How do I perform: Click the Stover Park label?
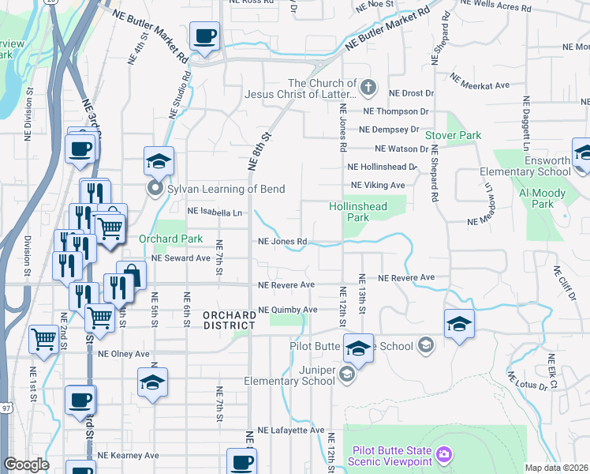click(454, 135)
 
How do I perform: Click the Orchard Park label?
click(171, 239)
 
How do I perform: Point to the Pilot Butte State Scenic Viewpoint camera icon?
click(444, 454)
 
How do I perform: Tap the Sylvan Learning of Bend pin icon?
click(155, 189)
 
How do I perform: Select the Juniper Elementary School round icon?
click(348, 376)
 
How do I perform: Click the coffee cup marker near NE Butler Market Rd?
click(204, 36)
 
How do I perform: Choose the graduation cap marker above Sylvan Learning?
click(159, 162)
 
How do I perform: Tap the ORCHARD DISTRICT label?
click(229, 320)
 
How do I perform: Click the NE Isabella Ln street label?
click(214, 212)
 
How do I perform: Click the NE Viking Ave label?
click(377, 185)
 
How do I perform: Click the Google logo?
click(26, 465)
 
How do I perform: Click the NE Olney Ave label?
click(123, 353)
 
